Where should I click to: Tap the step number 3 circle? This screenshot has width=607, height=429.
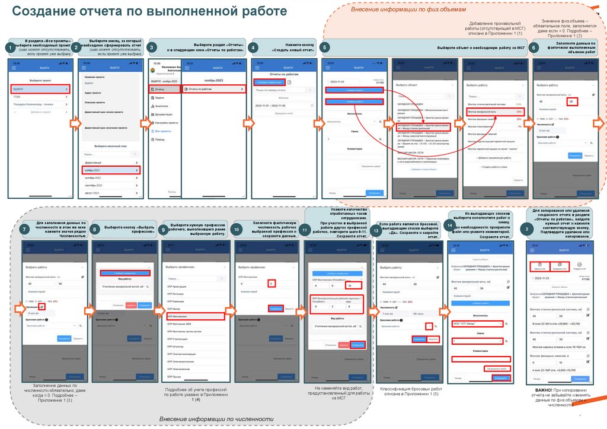pyautogui.click(x=152, y=47)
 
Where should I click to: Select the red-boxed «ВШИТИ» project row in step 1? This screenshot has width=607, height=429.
pyautogui.click(x=41, y=88)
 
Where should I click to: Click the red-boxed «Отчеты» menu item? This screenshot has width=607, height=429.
pyautogui.click(x=164, y=89)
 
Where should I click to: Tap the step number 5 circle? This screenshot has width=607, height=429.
pyautogui.click(x=324, y=47)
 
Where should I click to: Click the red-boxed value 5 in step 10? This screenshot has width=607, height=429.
pyautogui.click(x=271, y=284)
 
